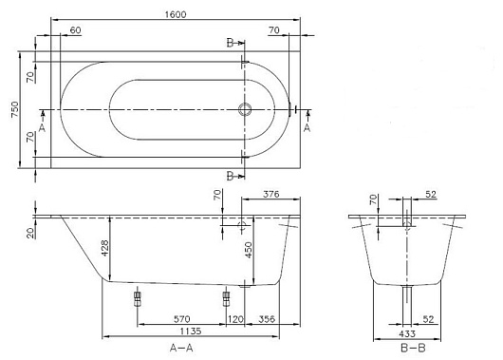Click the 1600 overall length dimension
[176, 15]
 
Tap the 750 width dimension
[15, 109]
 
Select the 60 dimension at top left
[75, 30]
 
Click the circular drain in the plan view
[245, 109]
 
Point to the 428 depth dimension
[104, 248]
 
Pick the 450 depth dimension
[249, 250]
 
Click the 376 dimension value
[271, 195]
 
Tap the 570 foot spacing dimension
[181, 319]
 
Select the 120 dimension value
[235, 319]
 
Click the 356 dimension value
[267, 319]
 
